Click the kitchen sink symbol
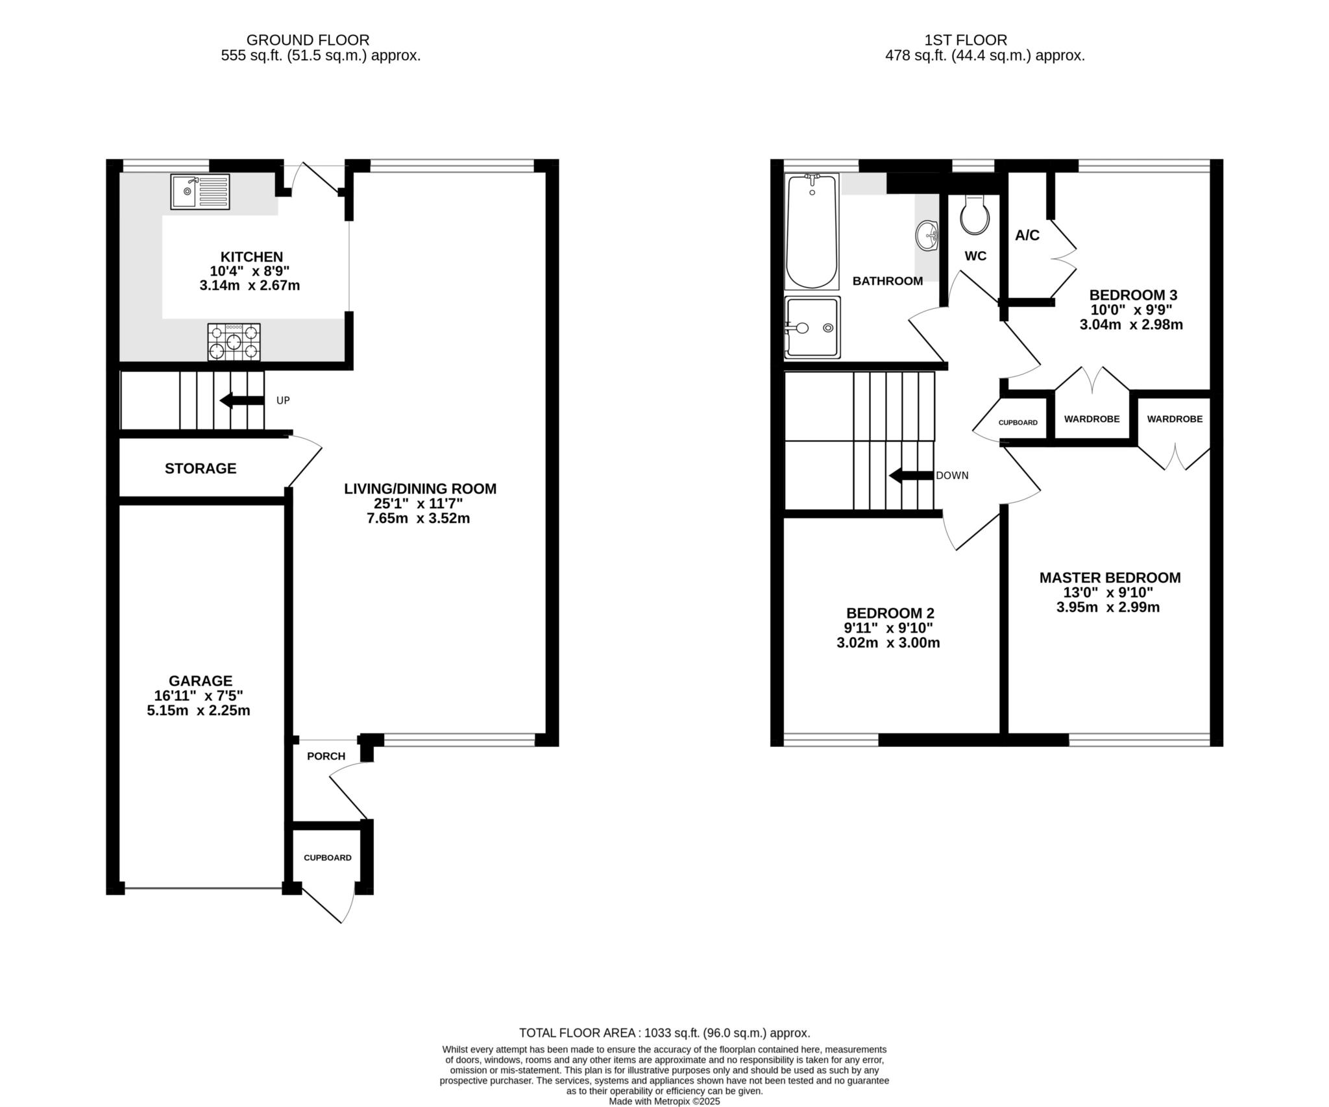[201, 191]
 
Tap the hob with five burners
[234, 342]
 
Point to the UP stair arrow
[242, 400]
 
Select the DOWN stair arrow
[911, 476]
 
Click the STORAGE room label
[201, 468]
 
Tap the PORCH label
[326, 756]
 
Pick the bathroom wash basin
[927, 235]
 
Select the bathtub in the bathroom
[812, 231]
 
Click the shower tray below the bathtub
[812, 328]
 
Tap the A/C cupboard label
[1027, 236]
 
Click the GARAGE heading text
[201, 681]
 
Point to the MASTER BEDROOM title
[1110, 578]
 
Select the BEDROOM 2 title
[890, 613]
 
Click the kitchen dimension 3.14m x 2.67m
[250, 286]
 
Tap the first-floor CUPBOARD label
[1018, 422]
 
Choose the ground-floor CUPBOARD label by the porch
[328, 858]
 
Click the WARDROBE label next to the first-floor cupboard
[1092, 419]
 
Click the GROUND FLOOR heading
[308, 40]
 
